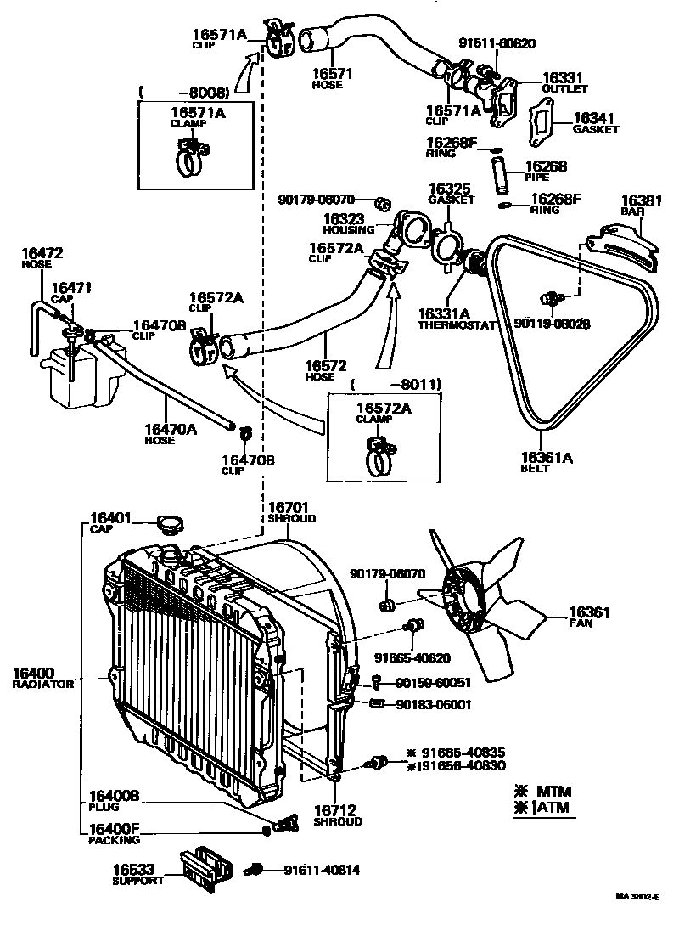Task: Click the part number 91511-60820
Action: pos(497,43)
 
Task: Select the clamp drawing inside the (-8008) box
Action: pos(194,157)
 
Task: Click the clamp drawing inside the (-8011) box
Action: pos(381,454)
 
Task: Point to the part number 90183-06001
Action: pos(433,704)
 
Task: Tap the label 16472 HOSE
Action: pos(42,258)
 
